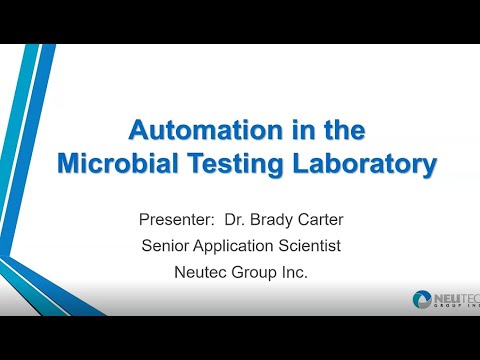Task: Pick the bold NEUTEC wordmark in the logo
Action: (459, 297)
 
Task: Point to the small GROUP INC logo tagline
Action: (460, 309)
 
